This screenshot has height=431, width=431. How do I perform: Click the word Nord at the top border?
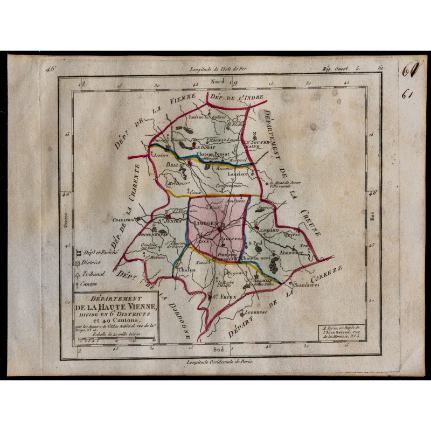(219, 81)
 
